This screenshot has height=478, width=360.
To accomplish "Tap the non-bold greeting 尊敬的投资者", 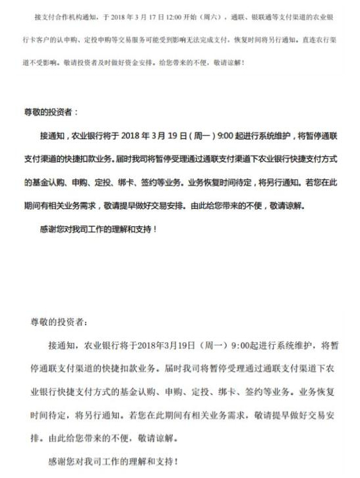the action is [x=57, y=322].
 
